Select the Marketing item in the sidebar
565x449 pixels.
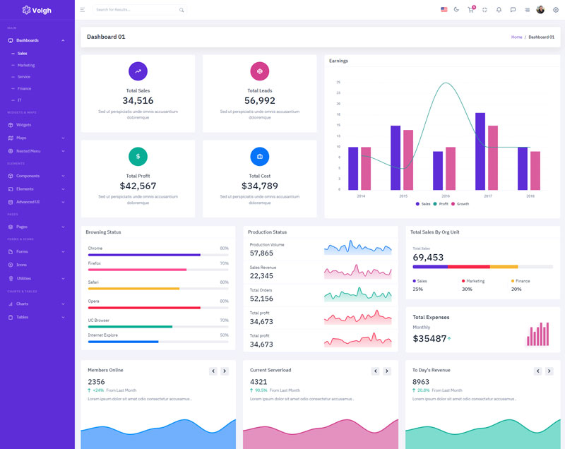pos(26,65)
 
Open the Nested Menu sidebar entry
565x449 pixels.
pos(28,151)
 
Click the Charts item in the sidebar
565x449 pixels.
pos(22,304)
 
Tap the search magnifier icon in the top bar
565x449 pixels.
pos(182,10)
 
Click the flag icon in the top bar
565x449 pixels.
pos(444,10)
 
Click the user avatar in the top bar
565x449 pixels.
pos(540,10)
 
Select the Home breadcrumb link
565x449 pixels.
pos(516,37)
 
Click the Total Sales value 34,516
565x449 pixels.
pos(138,100)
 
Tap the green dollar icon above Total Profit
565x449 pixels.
pos(138,156)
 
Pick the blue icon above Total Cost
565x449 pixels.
pos(259,156)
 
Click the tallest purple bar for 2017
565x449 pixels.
pos(480,150)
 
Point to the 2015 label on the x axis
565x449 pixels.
pos(403,196)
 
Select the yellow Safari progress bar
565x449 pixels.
pos(133,289)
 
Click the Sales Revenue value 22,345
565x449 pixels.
pos(261,275)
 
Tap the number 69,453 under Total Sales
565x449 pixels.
pos(428,257)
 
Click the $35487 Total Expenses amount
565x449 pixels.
pos(429,338)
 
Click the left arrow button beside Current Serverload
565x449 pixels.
pos(376,371)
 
